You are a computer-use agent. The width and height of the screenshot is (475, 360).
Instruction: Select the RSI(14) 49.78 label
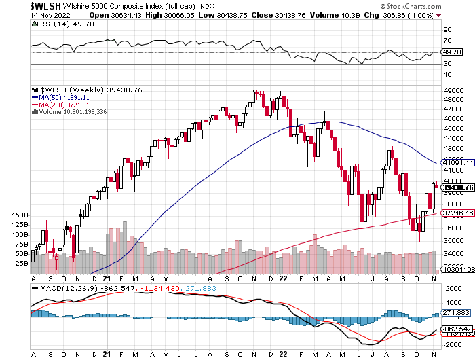[x=51, y=23]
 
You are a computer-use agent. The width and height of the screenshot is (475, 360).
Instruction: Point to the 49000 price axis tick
[x=452, y=90]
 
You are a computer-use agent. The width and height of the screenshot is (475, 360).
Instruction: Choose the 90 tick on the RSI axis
[x=447, y=30]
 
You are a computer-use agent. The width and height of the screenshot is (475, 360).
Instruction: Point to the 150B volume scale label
[x=20, y=215]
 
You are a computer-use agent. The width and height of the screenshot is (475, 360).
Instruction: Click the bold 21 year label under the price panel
[x=107, y=278]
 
